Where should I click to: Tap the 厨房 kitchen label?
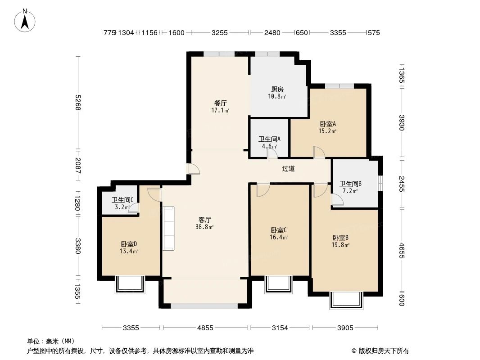pos(277,89)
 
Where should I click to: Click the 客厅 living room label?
pos(205,220)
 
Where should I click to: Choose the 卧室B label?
pos(341,238)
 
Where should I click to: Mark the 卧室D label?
pos(129,244)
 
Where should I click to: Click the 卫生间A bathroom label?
pos(269,139)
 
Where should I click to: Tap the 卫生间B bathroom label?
pos(351,184)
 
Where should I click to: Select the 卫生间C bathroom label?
pos(122,200)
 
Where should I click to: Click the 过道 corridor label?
pos(288,169)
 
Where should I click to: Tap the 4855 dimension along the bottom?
pos(205,328)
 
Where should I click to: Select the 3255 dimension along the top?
pos(219,32)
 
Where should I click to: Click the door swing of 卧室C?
pos(262,189)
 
